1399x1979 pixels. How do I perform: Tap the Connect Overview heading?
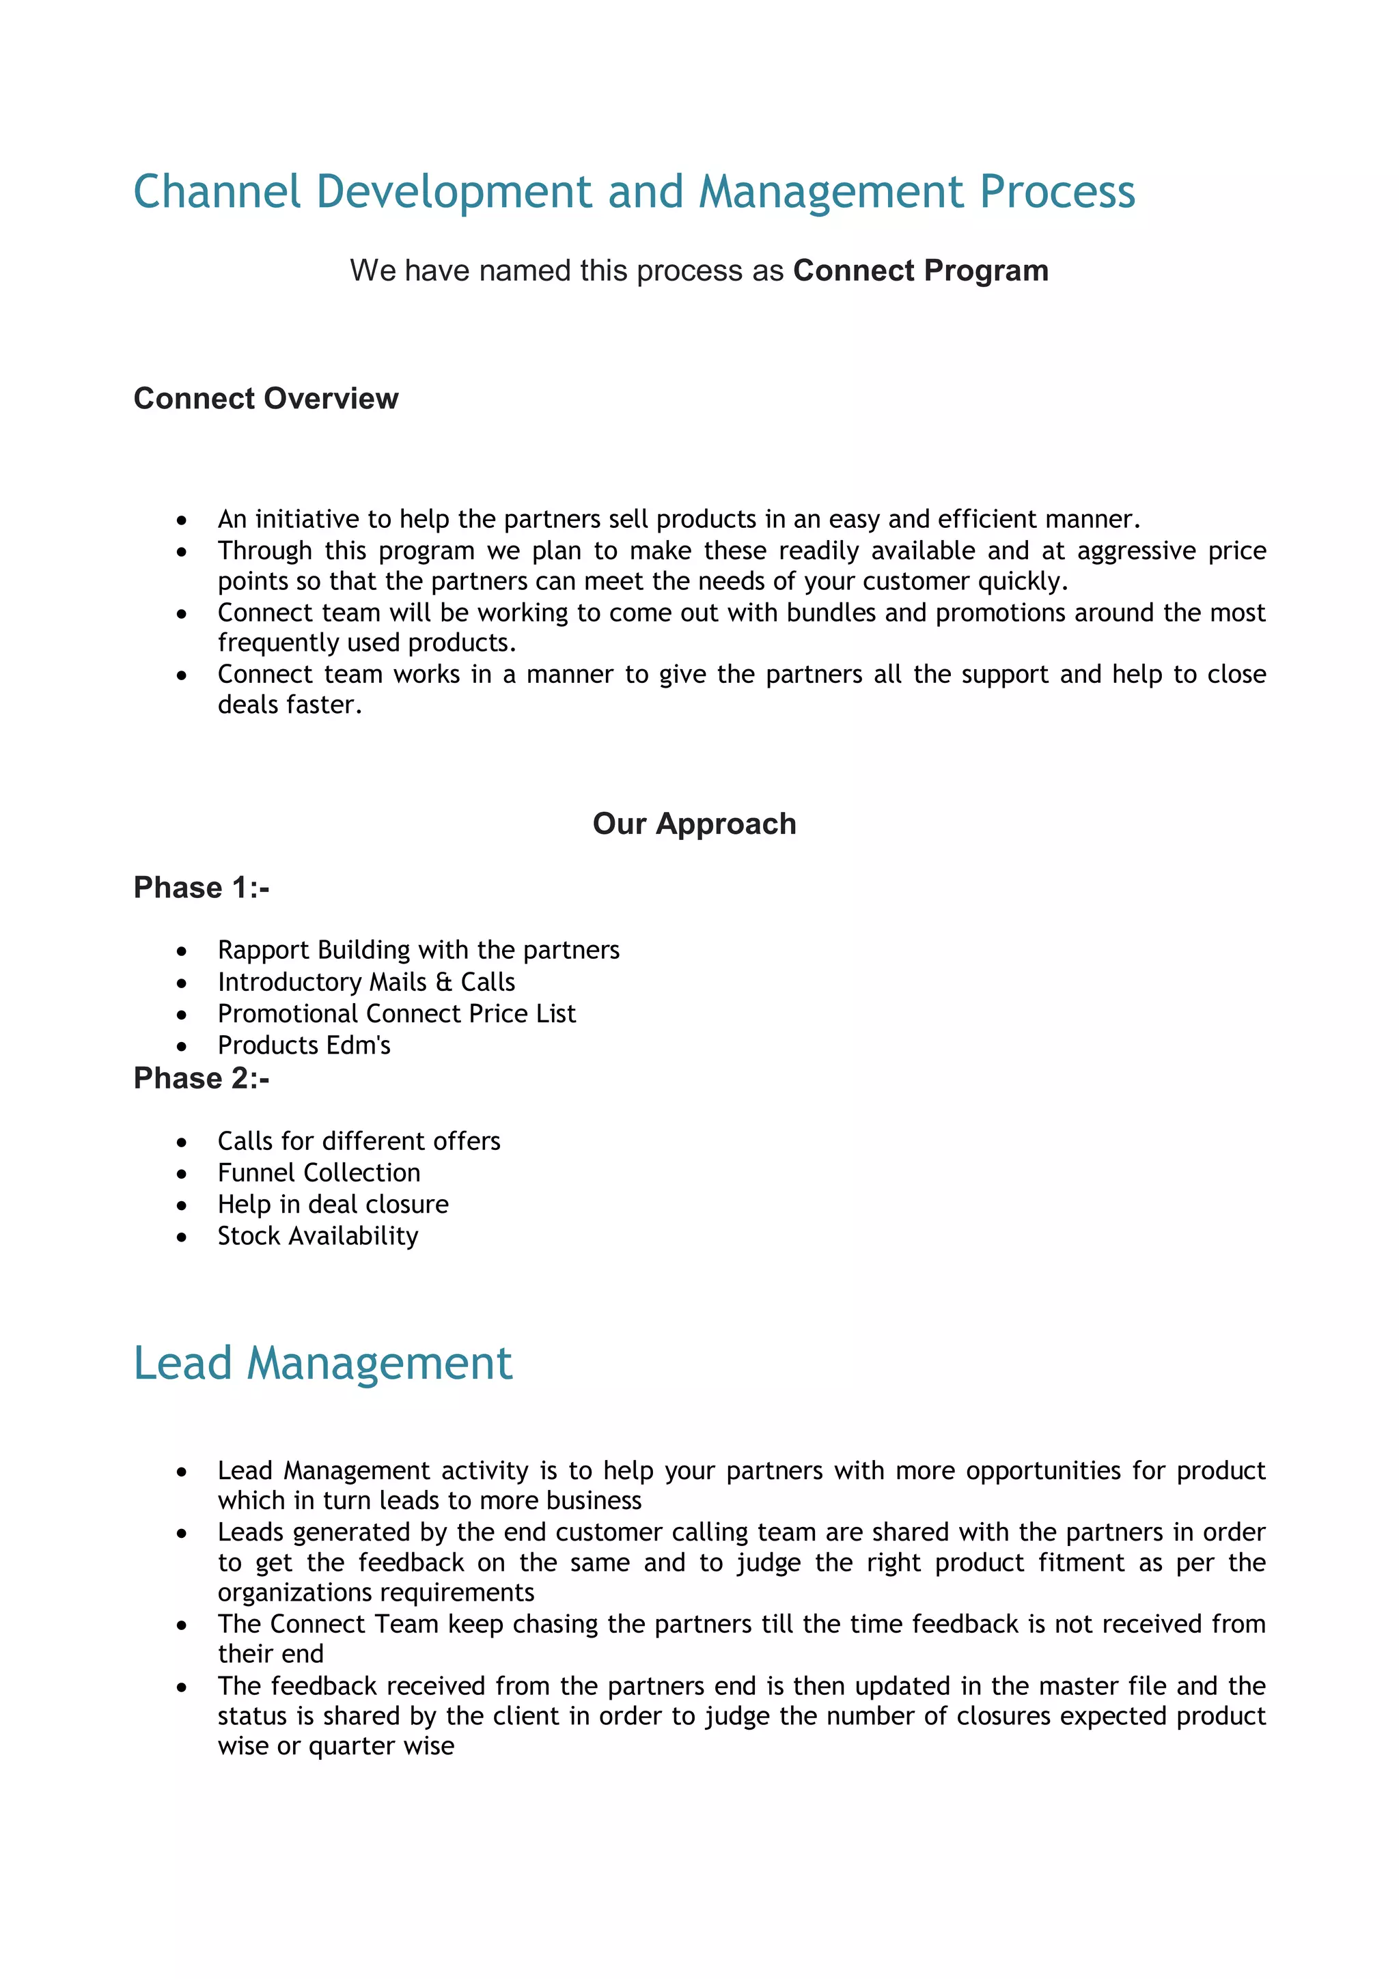266,398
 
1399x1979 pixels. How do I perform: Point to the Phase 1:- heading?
201,887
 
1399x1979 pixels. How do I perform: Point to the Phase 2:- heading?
201,1078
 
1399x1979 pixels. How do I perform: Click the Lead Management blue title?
322,1364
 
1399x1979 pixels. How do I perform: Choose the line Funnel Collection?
318,1173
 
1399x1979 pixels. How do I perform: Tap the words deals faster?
289,705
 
